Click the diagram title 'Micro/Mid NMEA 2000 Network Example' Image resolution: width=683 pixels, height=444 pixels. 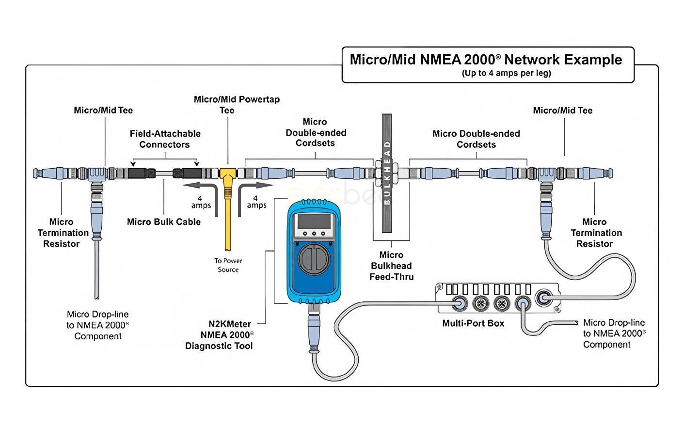click(x=486, y=60)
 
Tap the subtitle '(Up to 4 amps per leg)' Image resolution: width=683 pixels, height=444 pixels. click(x=506, y=74)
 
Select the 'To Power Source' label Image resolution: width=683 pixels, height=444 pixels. click(x=228, y=265)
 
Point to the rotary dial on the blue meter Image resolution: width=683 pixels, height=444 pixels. click(x=313, y=257)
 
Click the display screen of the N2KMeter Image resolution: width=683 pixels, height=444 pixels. click(x=314, y=222)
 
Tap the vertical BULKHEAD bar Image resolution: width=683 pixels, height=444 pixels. click(x=386, y=173)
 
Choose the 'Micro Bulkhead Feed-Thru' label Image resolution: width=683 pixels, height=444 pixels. click(x=391, y=266)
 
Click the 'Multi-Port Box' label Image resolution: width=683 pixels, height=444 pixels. click(x=473, y=323)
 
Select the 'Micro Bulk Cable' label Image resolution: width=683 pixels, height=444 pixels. click(x=164, y=222)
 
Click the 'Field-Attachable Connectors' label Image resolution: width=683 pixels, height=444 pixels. click(x=165, y=139)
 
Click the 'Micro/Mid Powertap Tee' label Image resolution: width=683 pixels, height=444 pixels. click(x=237, y=105)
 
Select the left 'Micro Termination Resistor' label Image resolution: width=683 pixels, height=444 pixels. click(x=62, y=233)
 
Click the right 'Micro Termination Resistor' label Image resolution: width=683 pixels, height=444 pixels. click(x=595, y=233)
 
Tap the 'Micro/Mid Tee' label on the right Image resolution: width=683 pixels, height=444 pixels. click(x=562, y=111)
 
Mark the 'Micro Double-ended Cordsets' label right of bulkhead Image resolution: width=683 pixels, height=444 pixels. click(x=476, y=139)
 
